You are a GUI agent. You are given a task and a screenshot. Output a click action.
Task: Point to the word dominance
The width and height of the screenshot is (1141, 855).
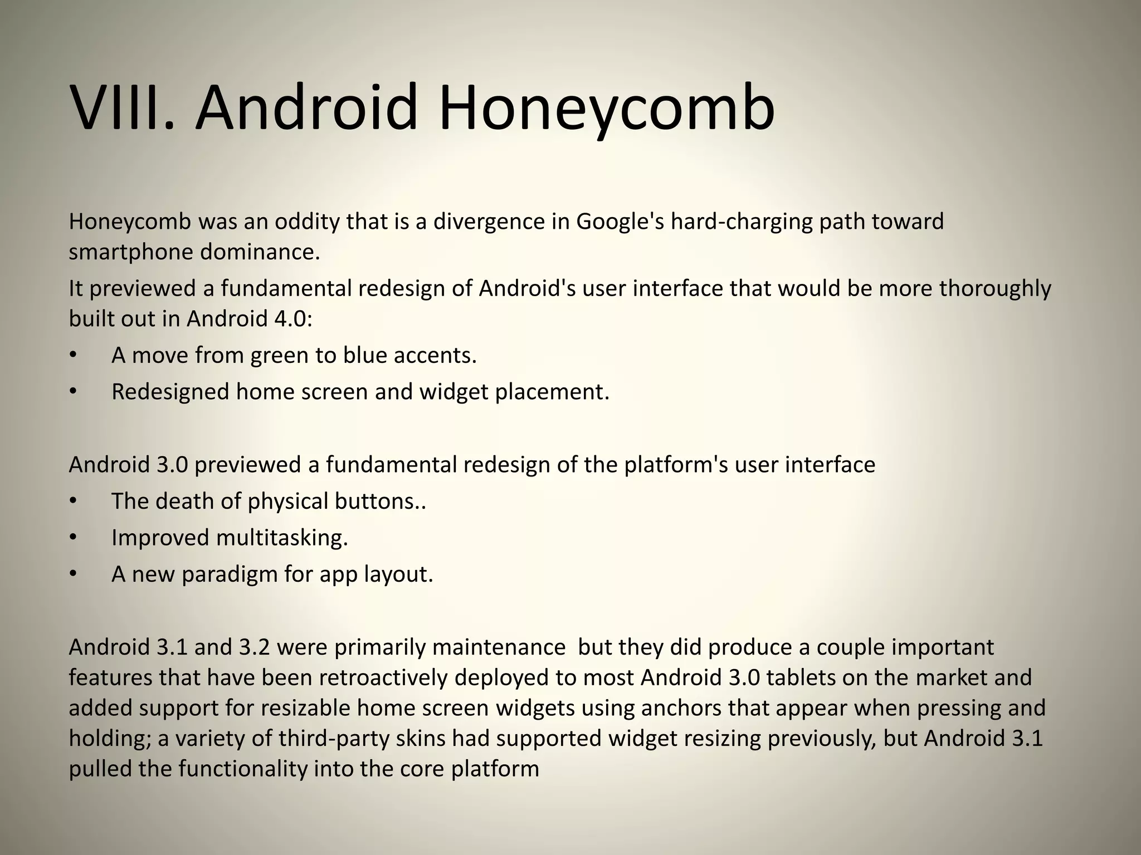click(x=260, y=252)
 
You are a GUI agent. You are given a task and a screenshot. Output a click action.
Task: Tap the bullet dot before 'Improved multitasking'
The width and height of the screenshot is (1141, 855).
click(x=72, y=538)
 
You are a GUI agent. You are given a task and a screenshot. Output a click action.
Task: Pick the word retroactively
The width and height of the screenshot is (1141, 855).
click(x=384, y=678)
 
